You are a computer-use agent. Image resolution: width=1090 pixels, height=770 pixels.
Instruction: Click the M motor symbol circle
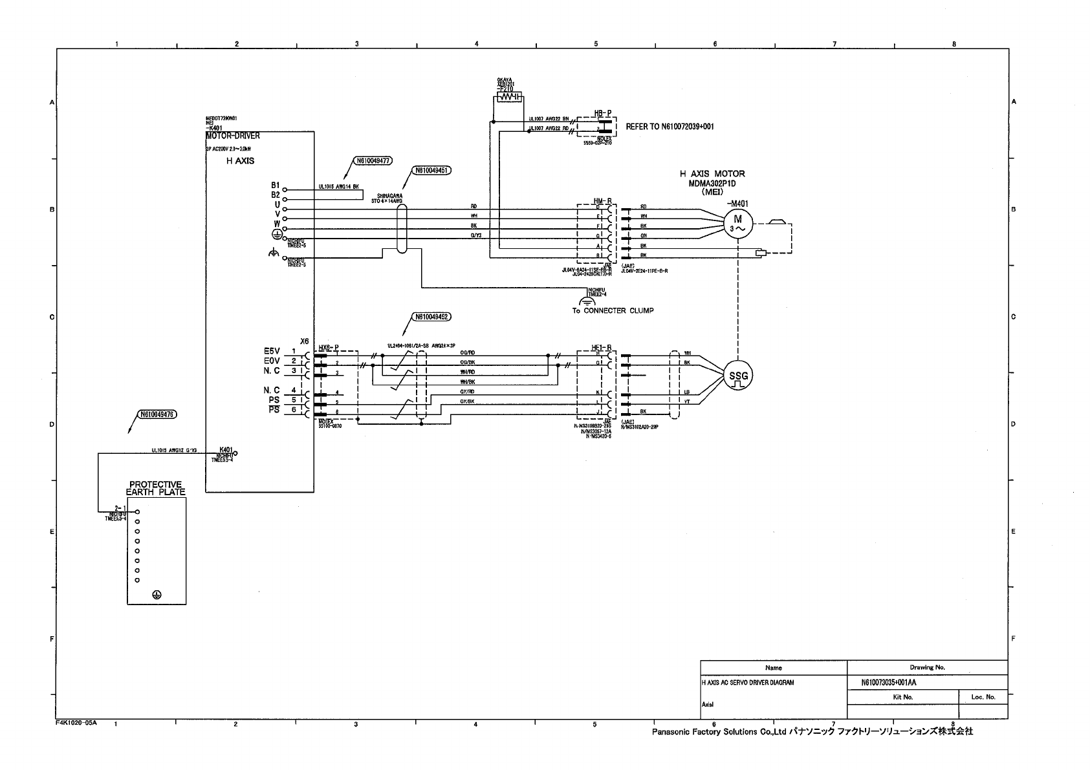[x=737, y=224]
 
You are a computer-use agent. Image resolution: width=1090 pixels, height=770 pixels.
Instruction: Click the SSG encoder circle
[x=737, y=376]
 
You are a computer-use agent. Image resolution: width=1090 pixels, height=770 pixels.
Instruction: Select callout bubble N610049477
[x=372, y=162]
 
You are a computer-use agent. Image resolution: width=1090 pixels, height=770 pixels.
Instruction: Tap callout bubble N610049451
[x=431, y=171]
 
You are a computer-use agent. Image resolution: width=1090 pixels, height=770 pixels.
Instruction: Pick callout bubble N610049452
[x=431, y=317]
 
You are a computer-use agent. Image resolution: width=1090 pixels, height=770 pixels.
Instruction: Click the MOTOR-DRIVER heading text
[x=233, y=136]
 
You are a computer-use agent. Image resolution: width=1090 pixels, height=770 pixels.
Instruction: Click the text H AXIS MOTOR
[x=712, y=174]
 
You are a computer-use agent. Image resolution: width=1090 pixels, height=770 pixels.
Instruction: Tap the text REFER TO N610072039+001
[x=670, y=127]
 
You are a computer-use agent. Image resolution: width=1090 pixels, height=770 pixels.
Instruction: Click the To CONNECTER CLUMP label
[x=613, y=311]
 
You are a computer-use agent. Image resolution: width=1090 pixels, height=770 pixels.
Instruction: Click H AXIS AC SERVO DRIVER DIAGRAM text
[x=747, y=683]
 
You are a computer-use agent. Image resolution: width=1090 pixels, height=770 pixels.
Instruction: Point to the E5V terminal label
[x=272, y=351]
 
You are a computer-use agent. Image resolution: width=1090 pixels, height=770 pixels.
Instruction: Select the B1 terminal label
[x=276, y=186]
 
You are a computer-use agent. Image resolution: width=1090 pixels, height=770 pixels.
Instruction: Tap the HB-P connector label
[x=603, y=113]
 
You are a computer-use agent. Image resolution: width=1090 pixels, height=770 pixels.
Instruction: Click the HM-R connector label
[x=603, y=202]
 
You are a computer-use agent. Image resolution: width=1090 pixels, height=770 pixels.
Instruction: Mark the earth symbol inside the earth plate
[x=156, y=595]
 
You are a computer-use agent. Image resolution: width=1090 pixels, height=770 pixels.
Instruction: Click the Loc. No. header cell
[x=983, y=697]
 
